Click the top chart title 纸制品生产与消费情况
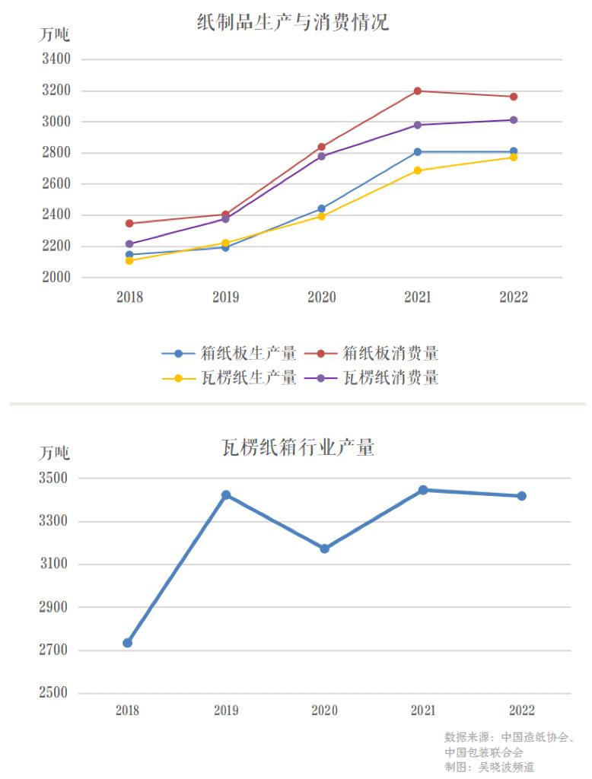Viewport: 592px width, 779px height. pos(293,22)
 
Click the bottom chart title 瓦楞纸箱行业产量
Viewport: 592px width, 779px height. pos(298,447)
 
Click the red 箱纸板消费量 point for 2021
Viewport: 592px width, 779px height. pos(418,91)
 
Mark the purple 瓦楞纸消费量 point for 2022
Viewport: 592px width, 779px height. pos(514,120)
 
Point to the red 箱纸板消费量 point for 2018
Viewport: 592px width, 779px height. pos(129,224)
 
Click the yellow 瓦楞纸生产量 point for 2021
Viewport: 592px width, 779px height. pos(418,170)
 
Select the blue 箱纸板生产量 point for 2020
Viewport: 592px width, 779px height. pos(321,208)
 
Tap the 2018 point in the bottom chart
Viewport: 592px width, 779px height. pos(128,643)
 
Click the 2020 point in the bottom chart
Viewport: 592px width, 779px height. pos(325,548)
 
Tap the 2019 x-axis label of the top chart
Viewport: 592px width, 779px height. pos(225,297)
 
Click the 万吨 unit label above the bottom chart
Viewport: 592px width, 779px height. pos(54,453)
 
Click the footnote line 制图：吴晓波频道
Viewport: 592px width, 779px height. pos(489,768)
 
